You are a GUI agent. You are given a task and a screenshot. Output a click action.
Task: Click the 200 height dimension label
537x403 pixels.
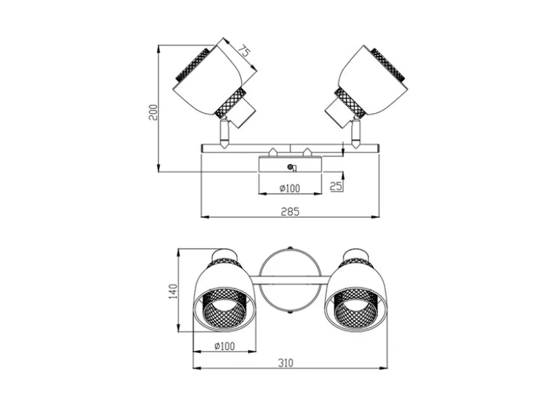[x=154, y=112]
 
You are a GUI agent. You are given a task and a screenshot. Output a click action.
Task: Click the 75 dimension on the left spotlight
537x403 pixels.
[x=244, y=52]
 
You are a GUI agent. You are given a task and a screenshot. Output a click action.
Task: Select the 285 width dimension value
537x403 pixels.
[x=290, y=211]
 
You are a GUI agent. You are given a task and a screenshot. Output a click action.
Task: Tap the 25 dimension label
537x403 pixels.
[x=336, y=186]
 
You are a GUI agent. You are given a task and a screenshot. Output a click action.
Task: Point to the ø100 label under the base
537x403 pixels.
[x=290, y=188]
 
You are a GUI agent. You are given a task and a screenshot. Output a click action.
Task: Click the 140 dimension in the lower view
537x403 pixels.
[x=173, y=291]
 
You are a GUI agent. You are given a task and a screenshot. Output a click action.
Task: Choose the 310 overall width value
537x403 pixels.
[x=286, y=362]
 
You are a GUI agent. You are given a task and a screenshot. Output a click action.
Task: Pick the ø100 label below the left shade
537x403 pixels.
[x=224, y=346]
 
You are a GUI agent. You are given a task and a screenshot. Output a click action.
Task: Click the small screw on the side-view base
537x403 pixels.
[x=291, y=167]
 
